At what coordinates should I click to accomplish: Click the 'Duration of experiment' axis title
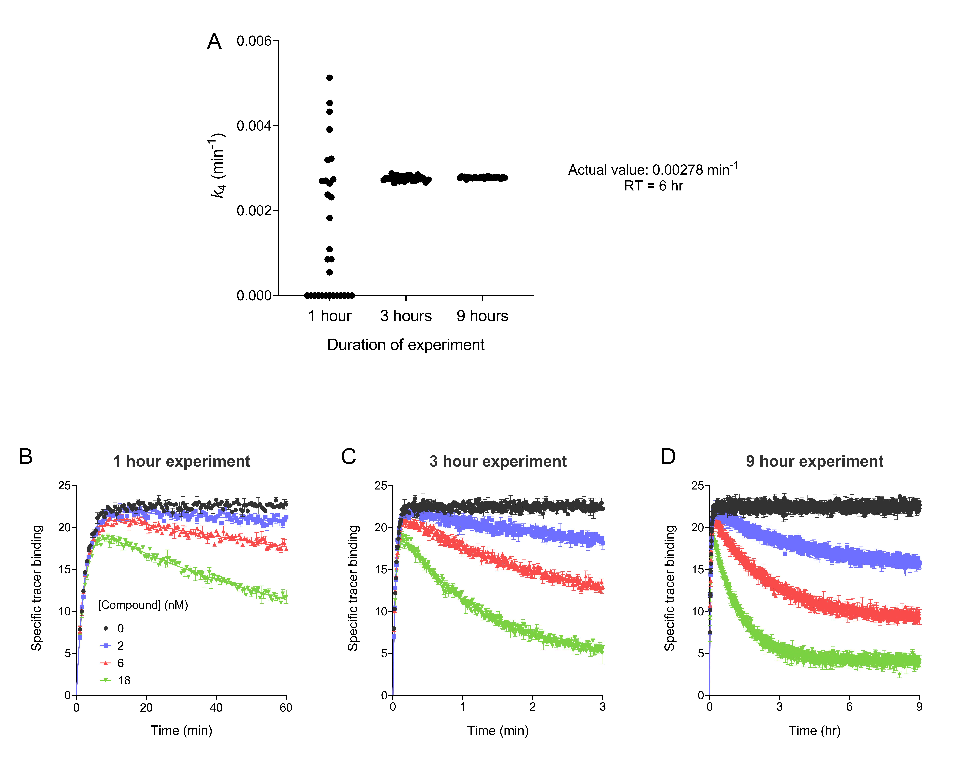coord(406,345)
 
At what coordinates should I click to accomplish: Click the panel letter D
coord(668,457)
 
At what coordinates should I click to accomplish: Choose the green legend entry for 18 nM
coord(115,680)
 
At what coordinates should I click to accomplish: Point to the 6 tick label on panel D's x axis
coord(849,707)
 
